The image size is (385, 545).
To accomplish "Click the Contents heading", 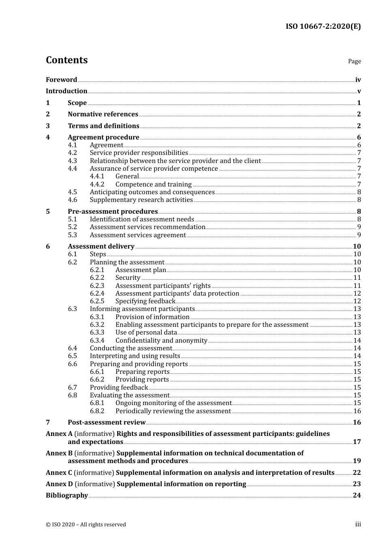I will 66,60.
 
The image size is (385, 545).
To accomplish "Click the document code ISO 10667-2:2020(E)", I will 323,26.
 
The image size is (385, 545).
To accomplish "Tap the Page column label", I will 354,61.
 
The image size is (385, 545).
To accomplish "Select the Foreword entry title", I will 61,80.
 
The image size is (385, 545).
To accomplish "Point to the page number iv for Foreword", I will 358,80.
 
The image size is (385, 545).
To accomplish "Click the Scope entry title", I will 77,103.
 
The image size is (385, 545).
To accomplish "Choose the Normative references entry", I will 103,114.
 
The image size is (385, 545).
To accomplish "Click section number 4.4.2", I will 97,185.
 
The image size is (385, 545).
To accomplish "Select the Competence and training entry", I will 153,185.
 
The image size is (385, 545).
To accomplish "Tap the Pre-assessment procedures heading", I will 113,212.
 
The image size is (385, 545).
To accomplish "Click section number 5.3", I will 72,235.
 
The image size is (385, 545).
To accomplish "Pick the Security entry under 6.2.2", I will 128,278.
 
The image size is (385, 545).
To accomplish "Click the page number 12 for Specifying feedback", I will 357,301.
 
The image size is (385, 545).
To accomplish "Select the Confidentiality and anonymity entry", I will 161,341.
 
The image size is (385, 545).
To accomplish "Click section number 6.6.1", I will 97,372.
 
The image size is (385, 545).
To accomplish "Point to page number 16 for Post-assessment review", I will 357,423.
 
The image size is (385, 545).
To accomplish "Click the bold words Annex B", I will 59,453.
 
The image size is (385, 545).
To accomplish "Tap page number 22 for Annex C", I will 357,473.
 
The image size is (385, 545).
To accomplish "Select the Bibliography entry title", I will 67,496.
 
